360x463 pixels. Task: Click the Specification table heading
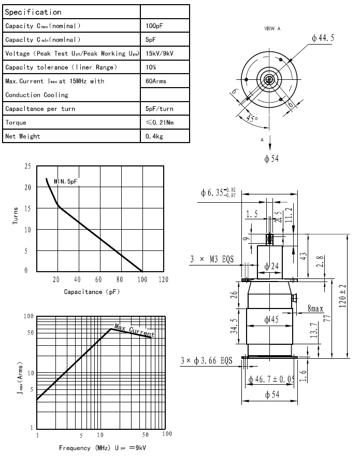[x=33, y=11]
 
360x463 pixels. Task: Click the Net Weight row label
[x=23, y=136]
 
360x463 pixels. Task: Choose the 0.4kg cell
[x=154, y=136]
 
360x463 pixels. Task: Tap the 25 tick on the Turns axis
[x=27, y=166]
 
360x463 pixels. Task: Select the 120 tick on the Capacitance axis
[x=163, y=279]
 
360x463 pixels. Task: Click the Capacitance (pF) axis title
[x=92, y=291]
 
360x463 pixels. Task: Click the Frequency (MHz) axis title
[x=82, y=447]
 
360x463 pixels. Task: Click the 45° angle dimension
[x=252, y=119]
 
